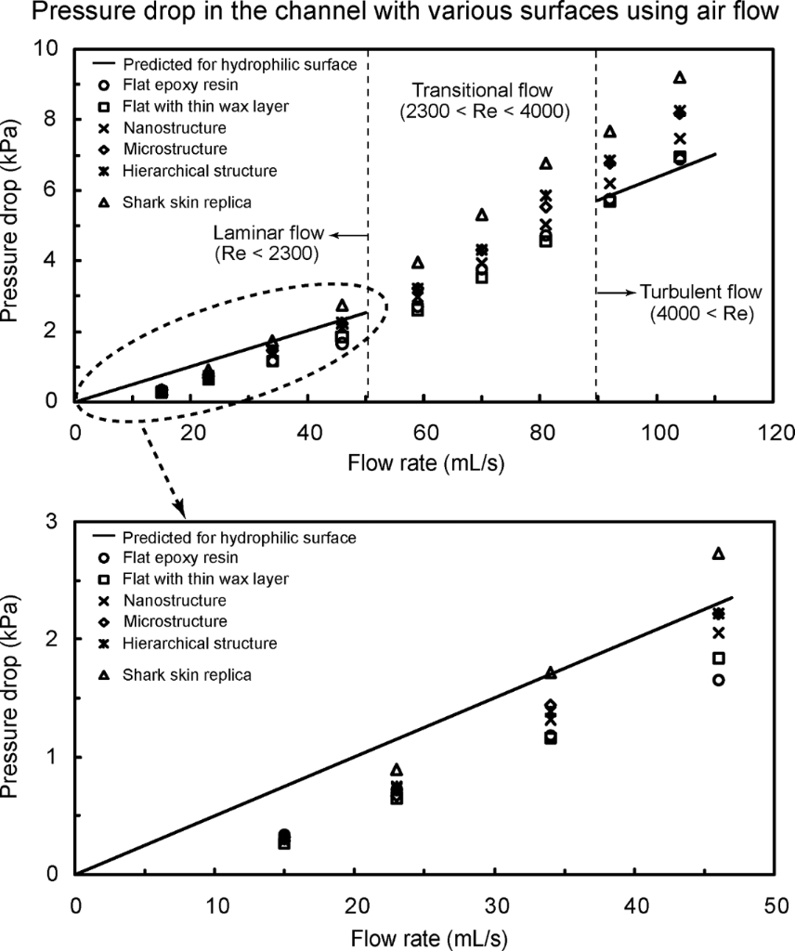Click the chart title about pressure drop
click(x=397, y=18)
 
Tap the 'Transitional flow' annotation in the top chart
click(x=482, y=91)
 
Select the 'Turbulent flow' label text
click(x=684, y=292)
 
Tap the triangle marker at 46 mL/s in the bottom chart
click(x=718, y=554)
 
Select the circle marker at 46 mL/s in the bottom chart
click(x=718, y=680)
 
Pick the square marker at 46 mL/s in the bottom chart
click(x=718, y=658)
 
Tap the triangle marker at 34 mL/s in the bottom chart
click(x=551, y=672)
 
